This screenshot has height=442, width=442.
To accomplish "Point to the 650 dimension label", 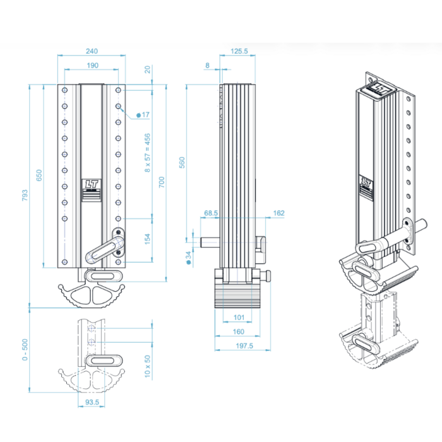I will coord(39,175).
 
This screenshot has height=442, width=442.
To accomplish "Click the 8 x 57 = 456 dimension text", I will coord(148,153).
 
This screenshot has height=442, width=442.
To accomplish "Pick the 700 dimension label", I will coord(162,182).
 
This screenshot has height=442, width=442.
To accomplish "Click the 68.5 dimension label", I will coord(211,214).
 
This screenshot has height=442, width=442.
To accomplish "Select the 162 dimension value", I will coord(278,214).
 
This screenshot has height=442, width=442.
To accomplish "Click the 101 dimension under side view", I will coord(239,317).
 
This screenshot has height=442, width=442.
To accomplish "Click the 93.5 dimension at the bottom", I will coord(93,402).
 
